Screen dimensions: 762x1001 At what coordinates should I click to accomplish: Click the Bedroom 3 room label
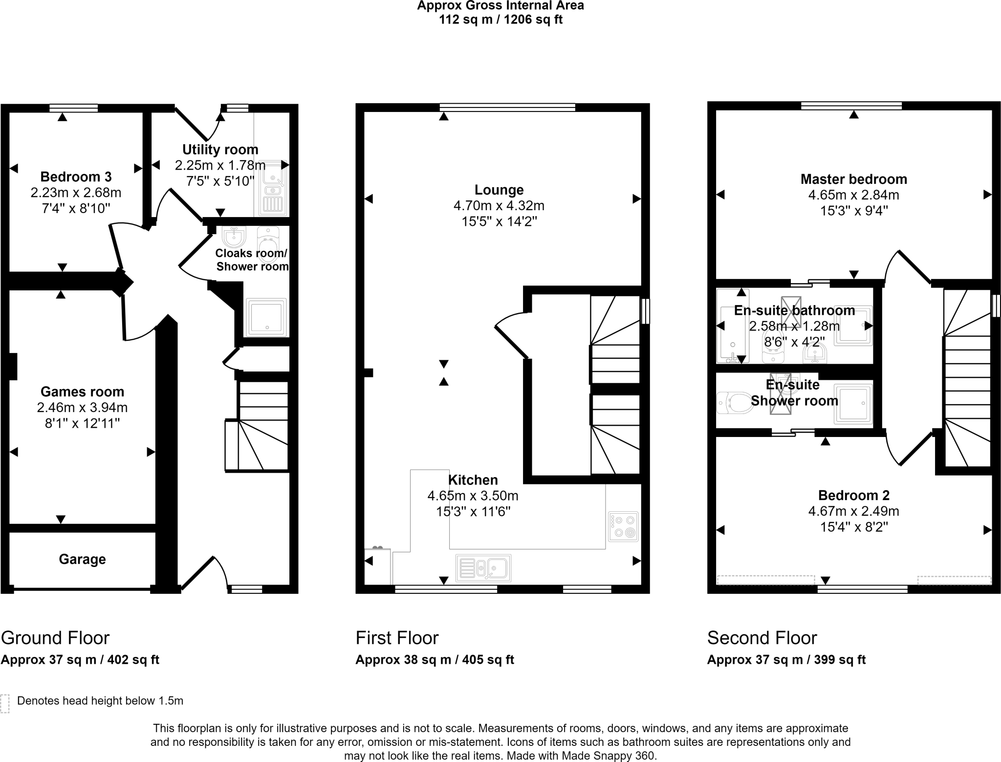(76, 176)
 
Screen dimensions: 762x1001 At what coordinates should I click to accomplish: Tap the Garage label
(82, 559)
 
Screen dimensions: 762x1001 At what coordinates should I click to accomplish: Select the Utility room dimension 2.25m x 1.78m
(220, 165)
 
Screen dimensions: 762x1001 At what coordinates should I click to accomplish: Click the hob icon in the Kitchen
(623, 526)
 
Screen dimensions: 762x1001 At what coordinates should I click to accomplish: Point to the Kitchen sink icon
(483, 568)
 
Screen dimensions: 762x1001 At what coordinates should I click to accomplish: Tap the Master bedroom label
(853, 179)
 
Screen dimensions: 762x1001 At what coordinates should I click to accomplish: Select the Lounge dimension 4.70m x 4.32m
(499, 206)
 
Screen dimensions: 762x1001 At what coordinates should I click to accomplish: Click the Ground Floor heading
(55, 638)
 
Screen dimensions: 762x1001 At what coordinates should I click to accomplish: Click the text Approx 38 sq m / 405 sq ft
(435, 660)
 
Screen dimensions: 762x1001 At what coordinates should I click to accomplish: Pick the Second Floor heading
(762, 638)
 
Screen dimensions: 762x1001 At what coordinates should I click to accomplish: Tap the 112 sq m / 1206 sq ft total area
(500, 20)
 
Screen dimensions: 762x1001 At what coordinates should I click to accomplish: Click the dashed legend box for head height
(5, 703)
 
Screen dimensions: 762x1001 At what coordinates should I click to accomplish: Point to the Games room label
(82, 392)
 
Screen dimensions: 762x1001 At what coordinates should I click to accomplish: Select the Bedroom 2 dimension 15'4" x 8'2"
(853, 527)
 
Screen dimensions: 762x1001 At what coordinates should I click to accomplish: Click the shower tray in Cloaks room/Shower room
(266, 317)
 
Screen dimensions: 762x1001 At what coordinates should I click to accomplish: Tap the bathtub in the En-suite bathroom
(732, 326)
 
